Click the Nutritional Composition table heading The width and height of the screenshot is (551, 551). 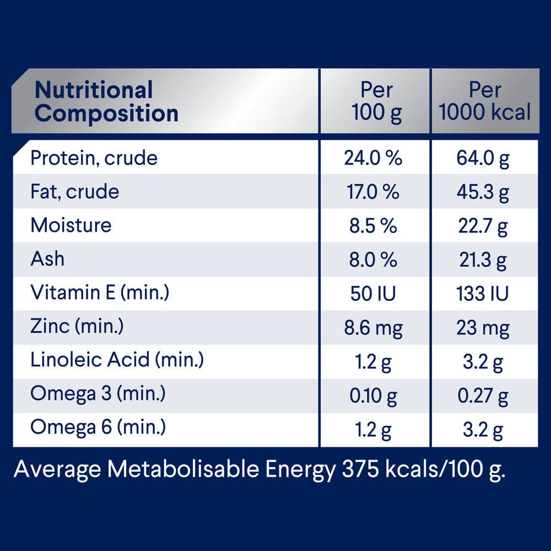coord(106,101)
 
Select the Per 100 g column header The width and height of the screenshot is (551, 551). coord(377,101)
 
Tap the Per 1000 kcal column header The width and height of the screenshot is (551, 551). coord(485,101)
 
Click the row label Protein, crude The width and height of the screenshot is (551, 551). coord(94,158)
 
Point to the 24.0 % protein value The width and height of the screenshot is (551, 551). coord(373,159)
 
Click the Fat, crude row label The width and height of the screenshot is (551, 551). coord(74,192)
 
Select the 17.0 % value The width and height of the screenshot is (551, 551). coord(373,192)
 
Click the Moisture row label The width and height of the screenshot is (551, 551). coord(71,225)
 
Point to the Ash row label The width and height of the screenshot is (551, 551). coord(47,259)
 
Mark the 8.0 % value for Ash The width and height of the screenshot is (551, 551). coord(373,260)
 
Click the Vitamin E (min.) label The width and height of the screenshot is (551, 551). coord(100,293)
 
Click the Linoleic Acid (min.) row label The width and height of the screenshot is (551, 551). coord(117,360)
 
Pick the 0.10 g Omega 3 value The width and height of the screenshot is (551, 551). coord(373,395)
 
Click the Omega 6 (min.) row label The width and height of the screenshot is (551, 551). coord(98,428)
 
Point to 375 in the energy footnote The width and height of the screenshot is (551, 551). coord(360,470)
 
